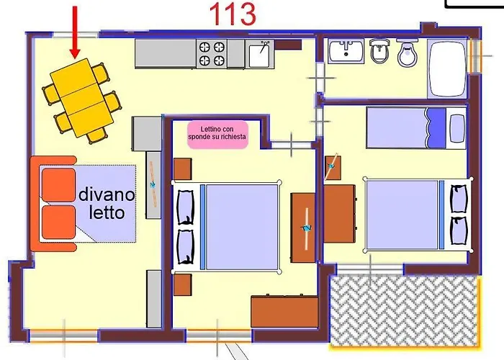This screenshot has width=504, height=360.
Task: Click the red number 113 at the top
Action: click(x=233, y=14)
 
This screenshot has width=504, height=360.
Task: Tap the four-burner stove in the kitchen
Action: click(x=213, y=54)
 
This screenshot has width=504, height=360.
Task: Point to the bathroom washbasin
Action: click(x=347, y=52)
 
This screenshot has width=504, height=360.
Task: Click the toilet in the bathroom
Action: click(x=408, y=53)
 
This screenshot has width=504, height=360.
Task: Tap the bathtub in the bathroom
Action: click(x=446, y=68)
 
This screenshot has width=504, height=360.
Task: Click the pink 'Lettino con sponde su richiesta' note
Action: click(x=217, y=135)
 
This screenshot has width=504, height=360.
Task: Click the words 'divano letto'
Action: click(x=106, y=203)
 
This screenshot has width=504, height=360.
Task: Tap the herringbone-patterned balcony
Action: click(x=402, y=310)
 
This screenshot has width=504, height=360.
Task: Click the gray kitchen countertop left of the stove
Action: click(x=166, y=54)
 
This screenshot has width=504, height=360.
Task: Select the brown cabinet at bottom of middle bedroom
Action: click(x=284, y=312)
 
